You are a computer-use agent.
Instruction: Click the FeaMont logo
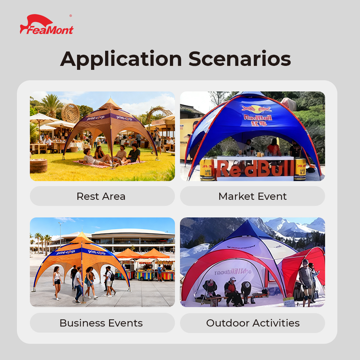point(46,25)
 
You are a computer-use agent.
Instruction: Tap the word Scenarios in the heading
point(240,59)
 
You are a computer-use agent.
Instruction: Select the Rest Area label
point(101,196)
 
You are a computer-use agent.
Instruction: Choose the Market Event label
point(252,196)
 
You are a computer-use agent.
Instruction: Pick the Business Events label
point(101,323)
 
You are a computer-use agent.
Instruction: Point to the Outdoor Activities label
point(252,323)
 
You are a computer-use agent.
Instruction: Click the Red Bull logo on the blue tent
point(257,112)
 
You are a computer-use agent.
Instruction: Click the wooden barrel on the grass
point(39,165)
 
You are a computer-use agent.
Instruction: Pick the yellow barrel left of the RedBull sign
point(207,169)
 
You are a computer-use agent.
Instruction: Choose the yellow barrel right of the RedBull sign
point(300,169)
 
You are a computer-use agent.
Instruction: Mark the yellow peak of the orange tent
point(81,238)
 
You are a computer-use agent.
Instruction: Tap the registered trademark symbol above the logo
point(70,16)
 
